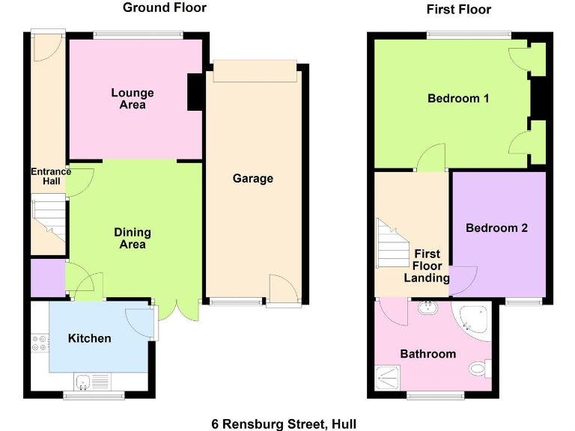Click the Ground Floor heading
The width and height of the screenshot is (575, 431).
click(x=164, y=8)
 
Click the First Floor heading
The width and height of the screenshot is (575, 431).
click(x=458, y=9)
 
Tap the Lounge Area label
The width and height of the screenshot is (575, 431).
click(x=133, y=99)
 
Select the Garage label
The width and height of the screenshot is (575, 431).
click(x=252, y=178)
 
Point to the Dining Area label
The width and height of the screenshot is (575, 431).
click(x=133, y=238)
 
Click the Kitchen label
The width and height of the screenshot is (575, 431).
click(x=89, y=338)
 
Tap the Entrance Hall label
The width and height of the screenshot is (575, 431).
click(x=51, y=177)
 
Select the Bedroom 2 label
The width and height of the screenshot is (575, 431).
click(x=496, y=228)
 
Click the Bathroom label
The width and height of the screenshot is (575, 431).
click(x=428, y=354)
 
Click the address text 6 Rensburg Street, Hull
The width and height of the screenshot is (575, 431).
click(x=284, y=424)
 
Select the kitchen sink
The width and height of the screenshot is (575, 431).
click(x=90, y=382)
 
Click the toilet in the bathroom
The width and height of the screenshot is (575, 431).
click(x=478, y=369)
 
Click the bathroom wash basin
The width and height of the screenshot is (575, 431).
click(x=428, y=307)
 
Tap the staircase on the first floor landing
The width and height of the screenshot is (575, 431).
click(x=390, y=245)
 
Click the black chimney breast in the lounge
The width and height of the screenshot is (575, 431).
click(x=194, y=92)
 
